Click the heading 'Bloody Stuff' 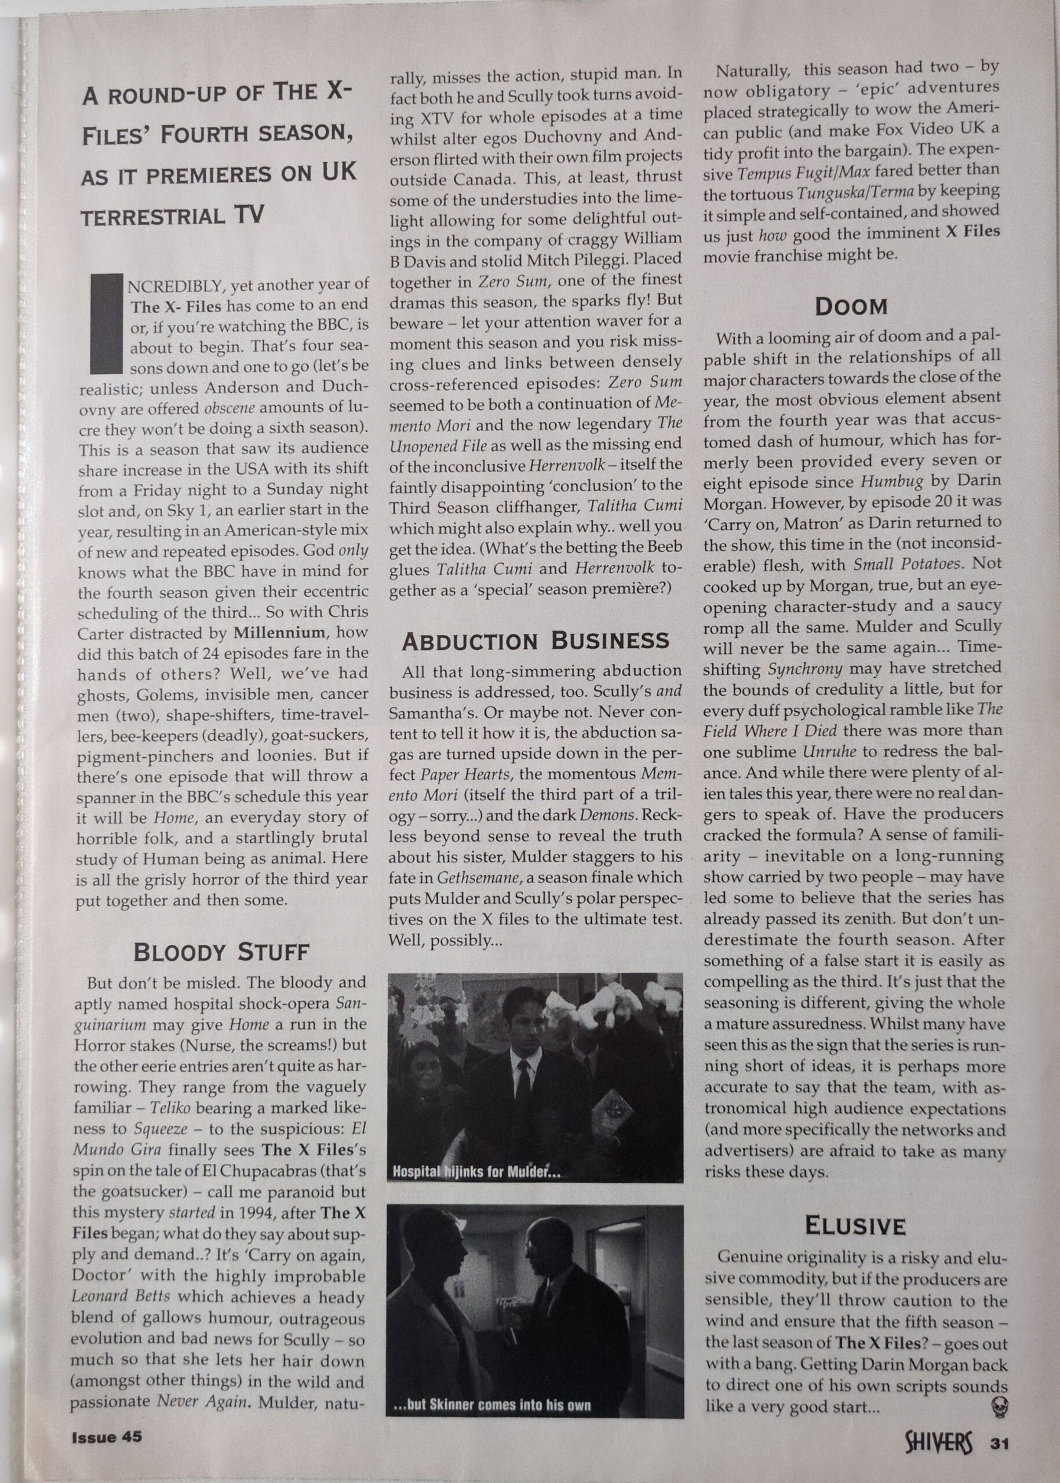[x=221, y=952]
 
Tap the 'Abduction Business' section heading [x=536, y=641]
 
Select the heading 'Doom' [x=851, y=306]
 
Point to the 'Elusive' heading [x=854, y=1226]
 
